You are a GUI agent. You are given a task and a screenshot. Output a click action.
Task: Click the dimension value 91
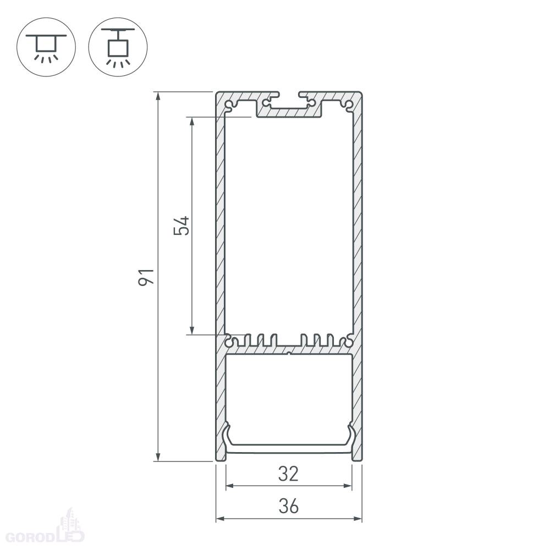[146, 277]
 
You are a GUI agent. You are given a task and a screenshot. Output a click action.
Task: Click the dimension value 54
[182, 226]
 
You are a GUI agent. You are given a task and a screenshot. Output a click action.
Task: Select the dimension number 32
[288, 474]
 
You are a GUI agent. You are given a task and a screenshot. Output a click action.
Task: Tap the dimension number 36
[289, 506]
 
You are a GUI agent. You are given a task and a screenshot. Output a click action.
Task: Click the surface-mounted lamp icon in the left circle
[46, 48]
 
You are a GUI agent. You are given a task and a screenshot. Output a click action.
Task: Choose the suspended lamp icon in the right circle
[118, 47]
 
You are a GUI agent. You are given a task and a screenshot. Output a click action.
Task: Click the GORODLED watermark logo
[46, 530]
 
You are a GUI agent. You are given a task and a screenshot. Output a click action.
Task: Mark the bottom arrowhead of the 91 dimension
[158, 457]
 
